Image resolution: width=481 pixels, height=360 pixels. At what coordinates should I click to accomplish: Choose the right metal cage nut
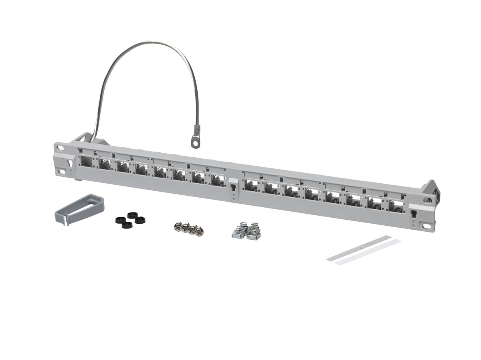click(x=253, y=233)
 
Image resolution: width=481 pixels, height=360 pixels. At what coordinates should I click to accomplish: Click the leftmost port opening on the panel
click(x=86, y=162)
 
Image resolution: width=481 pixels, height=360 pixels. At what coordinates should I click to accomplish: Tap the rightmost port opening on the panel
click(x=395, y=206)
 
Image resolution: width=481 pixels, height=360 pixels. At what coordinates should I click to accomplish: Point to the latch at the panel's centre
click(x=232, y=185)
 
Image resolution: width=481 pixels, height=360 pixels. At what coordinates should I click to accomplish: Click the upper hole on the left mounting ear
click(x=60, y=148)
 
